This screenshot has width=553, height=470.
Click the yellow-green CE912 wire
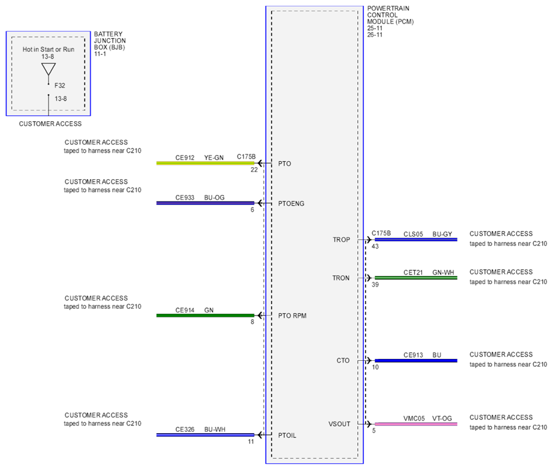(x=205, y=163)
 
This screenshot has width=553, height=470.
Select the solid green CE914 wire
(x=205, y=316)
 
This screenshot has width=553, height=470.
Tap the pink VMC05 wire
(x=416, y=424)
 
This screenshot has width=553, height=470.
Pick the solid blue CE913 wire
(x=416, y=361)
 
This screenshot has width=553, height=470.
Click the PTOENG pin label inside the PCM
(x=291, y=203)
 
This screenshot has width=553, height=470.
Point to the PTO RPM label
(x=292, y=316)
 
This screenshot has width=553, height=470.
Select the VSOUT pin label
(x=339, y=424)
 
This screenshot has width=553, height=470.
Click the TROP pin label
(x=341, y=240)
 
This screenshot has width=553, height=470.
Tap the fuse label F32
(x=60, y=86)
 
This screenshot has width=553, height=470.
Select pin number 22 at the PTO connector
(x=254, y=170)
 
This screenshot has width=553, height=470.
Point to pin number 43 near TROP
(x=375, y=246)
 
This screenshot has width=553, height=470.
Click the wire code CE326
(x=185, y=430)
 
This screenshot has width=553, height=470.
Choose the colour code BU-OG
(x=214, y=197)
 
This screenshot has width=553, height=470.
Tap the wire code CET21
(x=413, y=273)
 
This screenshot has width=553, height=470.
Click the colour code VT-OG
(x=442, y=419)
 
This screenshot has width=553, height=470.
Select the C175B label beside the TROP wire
(x=381, y=233)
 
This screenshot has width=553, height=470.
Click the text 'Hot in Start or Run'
(x=48, y=49)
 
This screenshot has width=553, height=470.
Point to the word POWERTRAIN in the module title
(x=388, y=8)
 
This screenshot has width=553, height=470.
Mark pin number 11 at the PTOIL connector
(x=251, y=442)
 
